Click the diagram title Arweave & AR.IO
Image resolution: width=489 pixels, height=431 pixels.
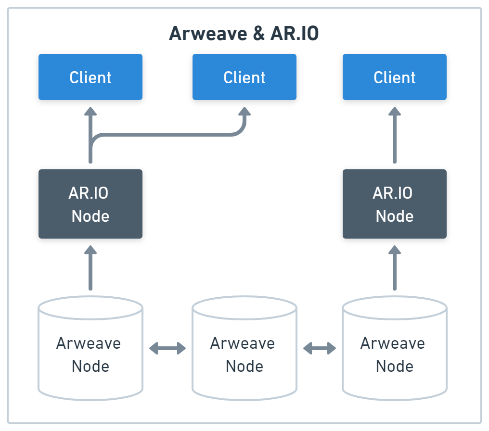tap(244, 34)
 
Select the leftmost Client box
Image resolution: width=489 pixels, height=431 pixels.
tap(90, 77)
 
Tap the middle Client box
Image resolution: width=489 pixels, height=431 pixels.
tap(244, 77)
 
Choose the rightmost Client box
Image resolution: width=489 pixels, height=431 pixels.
tap(395, 77)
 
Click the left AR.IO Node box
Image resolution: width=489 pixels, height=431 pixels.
tap(90, 204)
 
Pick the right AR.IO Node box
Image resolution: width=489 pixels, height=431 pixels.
tap(395, 204)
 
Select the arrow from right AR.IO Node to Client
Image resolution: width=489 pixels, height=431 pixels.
tap(395, 135)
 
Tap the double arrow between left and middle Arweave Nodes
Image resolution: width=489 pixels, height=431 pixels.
tap(167, 348)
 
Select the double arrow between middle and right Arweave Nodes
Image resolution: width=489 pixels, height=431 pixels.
tap(320, 348)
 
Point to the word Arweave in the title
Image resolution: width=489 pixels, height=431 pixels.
tap(209, 34)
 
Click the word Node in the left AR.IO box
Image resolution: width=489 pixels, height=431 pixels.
tap(90, 216)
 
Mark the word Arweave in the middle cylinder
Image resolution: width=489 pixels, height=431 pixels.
tap(243, 343)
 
